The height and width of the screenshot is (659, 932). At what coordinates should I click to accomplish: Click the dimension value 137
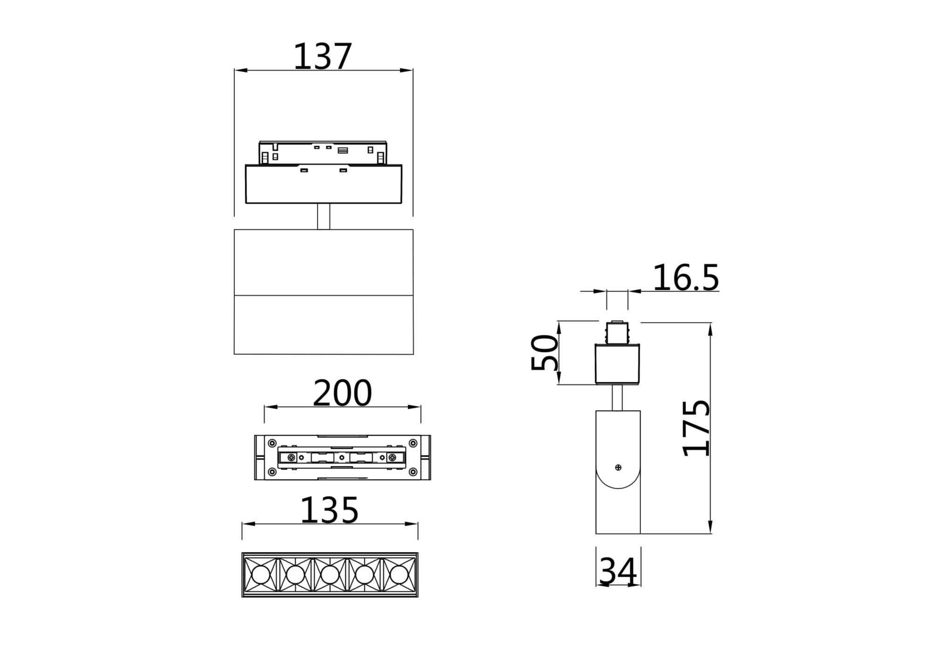[x=322, y=57]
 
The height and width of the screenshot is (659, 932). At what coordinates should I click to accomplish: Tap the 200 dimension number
[x=342, y=394]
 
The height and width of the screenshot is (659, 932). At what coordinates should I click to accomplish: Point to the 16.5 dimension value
[x=685, y=278]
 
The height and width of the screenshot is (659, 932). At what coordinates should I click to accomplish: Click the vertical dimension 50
[x=544, y=353]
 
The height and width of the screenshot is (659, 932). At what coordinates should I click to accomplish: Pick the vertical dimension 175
[x=696, y=428]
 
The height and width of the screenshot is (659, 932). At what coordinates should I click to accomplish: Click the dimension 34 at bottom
[x=618, y=572]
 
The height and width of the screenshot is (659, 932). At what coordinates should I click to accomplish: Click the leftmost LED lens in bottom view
[x=259, y=575]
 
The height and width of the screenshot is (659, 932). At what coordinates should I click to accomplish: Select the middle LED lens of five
[x=329, y=575]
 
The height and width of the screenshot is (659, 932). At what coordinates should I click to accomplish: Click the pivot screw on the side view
[x=618, y=467]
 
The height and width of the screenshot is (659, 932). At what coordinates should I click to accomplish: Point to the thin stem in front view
[x=323, y=216]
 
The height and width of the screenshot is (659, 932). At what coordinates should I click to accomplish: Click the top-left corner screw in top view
[x=271, y=442]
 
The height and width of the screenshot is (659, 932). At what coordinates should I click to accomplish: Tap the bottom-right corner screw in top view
[x=413, y=472]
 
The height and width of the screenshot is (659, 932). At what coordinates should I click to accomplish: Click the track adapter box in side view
[x=617, y=364]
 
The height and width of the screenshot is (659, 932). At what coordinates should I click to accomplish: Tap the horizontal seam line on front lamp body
[x=323, y=295]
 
